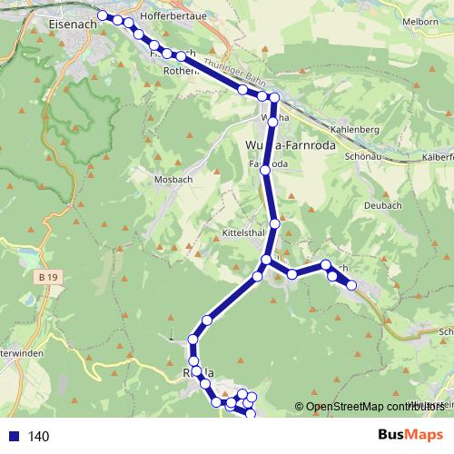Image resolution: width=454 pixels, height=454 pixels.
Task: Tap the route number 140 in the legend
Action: (x=39, y=437)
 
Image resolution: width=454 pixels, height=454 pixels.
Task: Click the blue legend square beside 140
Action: (x=13, y=437)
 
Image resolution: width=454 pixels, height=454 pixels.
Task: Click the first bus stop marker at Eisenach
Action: (x=102, y=15)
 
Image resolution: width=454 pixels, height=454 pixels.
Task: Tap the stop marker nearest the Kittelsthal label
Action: (x=274, y=223)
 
